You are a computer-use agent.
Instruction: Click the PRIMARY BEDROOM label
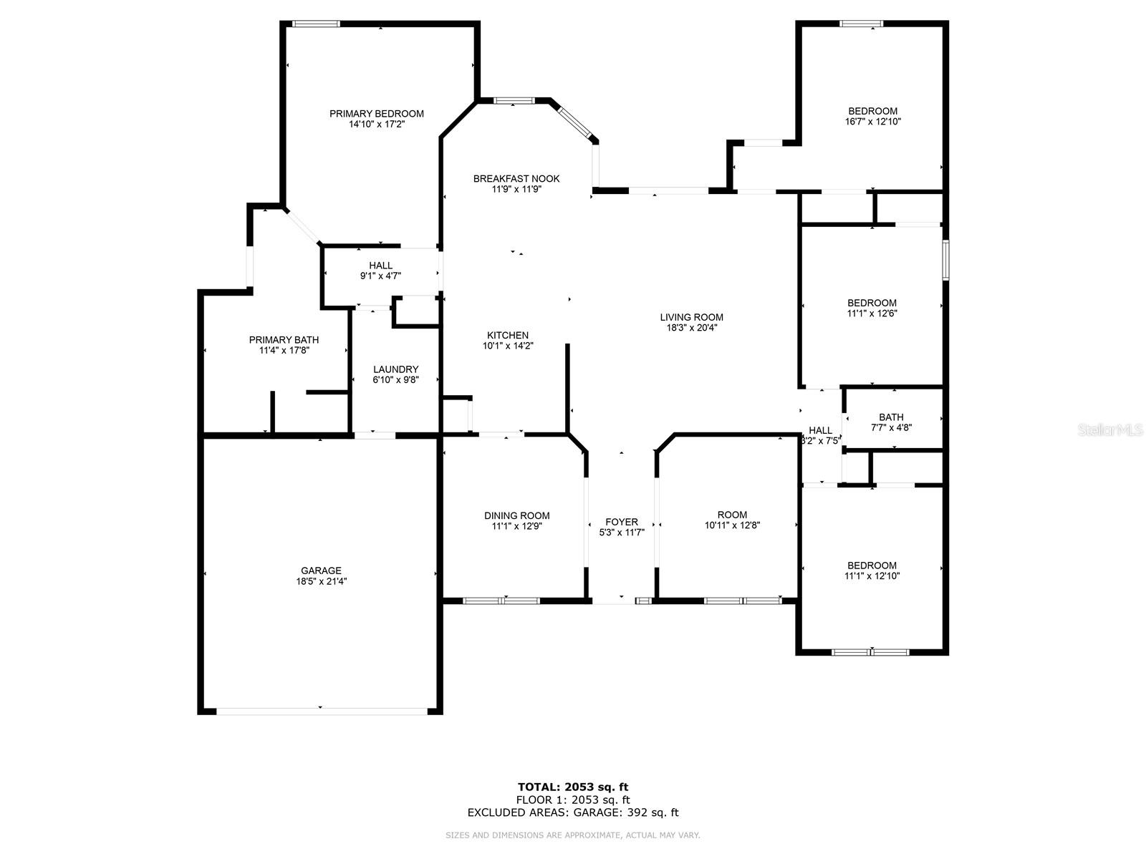point(376,114)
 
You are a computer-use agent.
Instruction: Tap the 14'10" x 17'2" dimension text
point(377,125)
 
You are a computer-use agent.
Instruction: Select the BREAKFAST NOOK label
point(516,179)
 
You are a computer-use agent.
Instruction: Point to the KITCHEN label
point(508,335)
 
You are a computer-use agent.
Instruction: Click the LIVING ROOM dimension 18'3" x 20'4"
point(691,328)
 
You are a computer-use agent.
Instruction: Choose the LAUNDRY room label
point(395,369)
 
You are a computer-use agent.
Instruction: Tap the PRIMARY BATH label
point(284,340)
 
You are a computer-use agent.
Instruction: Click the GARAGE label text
point(321,571)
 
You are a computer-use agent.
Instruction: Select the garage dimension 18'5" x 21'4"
point(321,581)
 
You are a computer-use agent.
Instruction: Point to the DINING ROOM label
point(516,516)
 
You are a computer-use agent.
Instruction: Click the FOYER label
point(621,522)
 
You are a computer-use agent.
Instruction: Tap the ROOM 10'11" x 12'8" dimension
point(732,525)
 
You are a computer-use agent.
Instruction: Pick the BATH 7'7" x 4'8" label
point(891,422)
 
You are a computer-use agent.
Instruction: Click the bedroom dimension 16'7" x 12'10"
point(873,122)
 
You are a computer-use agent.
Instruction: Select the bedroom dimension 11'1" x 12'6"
point(872,314)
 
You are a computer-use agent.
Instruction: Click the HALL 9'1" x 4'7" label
point(380,271)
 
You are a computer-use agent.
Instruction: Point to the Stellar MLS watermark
point(1110,429)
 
